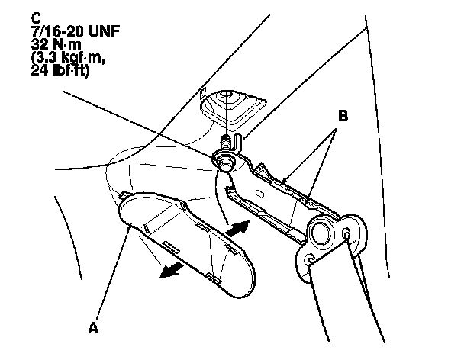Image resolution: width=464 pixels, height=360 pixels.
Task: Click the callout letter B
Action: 343,117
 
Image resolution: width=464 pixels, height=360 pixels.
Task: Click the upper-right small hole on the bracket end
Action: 348,231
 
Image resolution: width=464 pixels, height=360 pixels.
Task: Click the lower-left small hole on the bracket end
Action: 310,262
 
